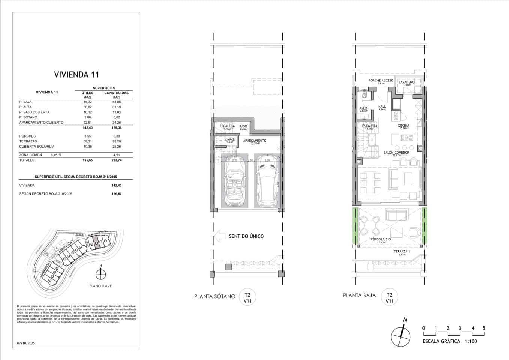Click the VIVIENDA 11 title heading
pyautogui.click(x=76, y=74)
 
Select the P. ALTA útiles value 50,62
pyautogui.click(x=87, y=107)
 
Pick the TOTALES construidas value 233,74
pyautogui.click(x=116, y=160)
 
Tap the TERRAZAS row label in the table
pyautogui.click(x=27, y=141)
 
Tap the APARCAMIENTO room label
pyautogui.click(x=254, y=141)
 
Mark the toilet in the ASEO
pyautogui.click(x=364, y=96)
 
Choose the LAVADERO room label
pyautogui.click(x=406, y=82)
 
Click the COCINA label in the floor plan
pyautogui.click(x=403, y=126)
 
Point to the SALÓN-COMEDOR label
pyautogui.click(x=396, y=153)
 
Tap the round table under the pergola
pyautogui.click(x=370, y=226)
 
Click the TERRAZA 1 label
pyautogui.click(x=401, y=251)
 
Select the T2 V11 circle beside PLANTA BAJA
pyautogui.click(x=389, y=298)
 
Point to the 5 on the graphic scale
pyautogui.click(x=484, y=328)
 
